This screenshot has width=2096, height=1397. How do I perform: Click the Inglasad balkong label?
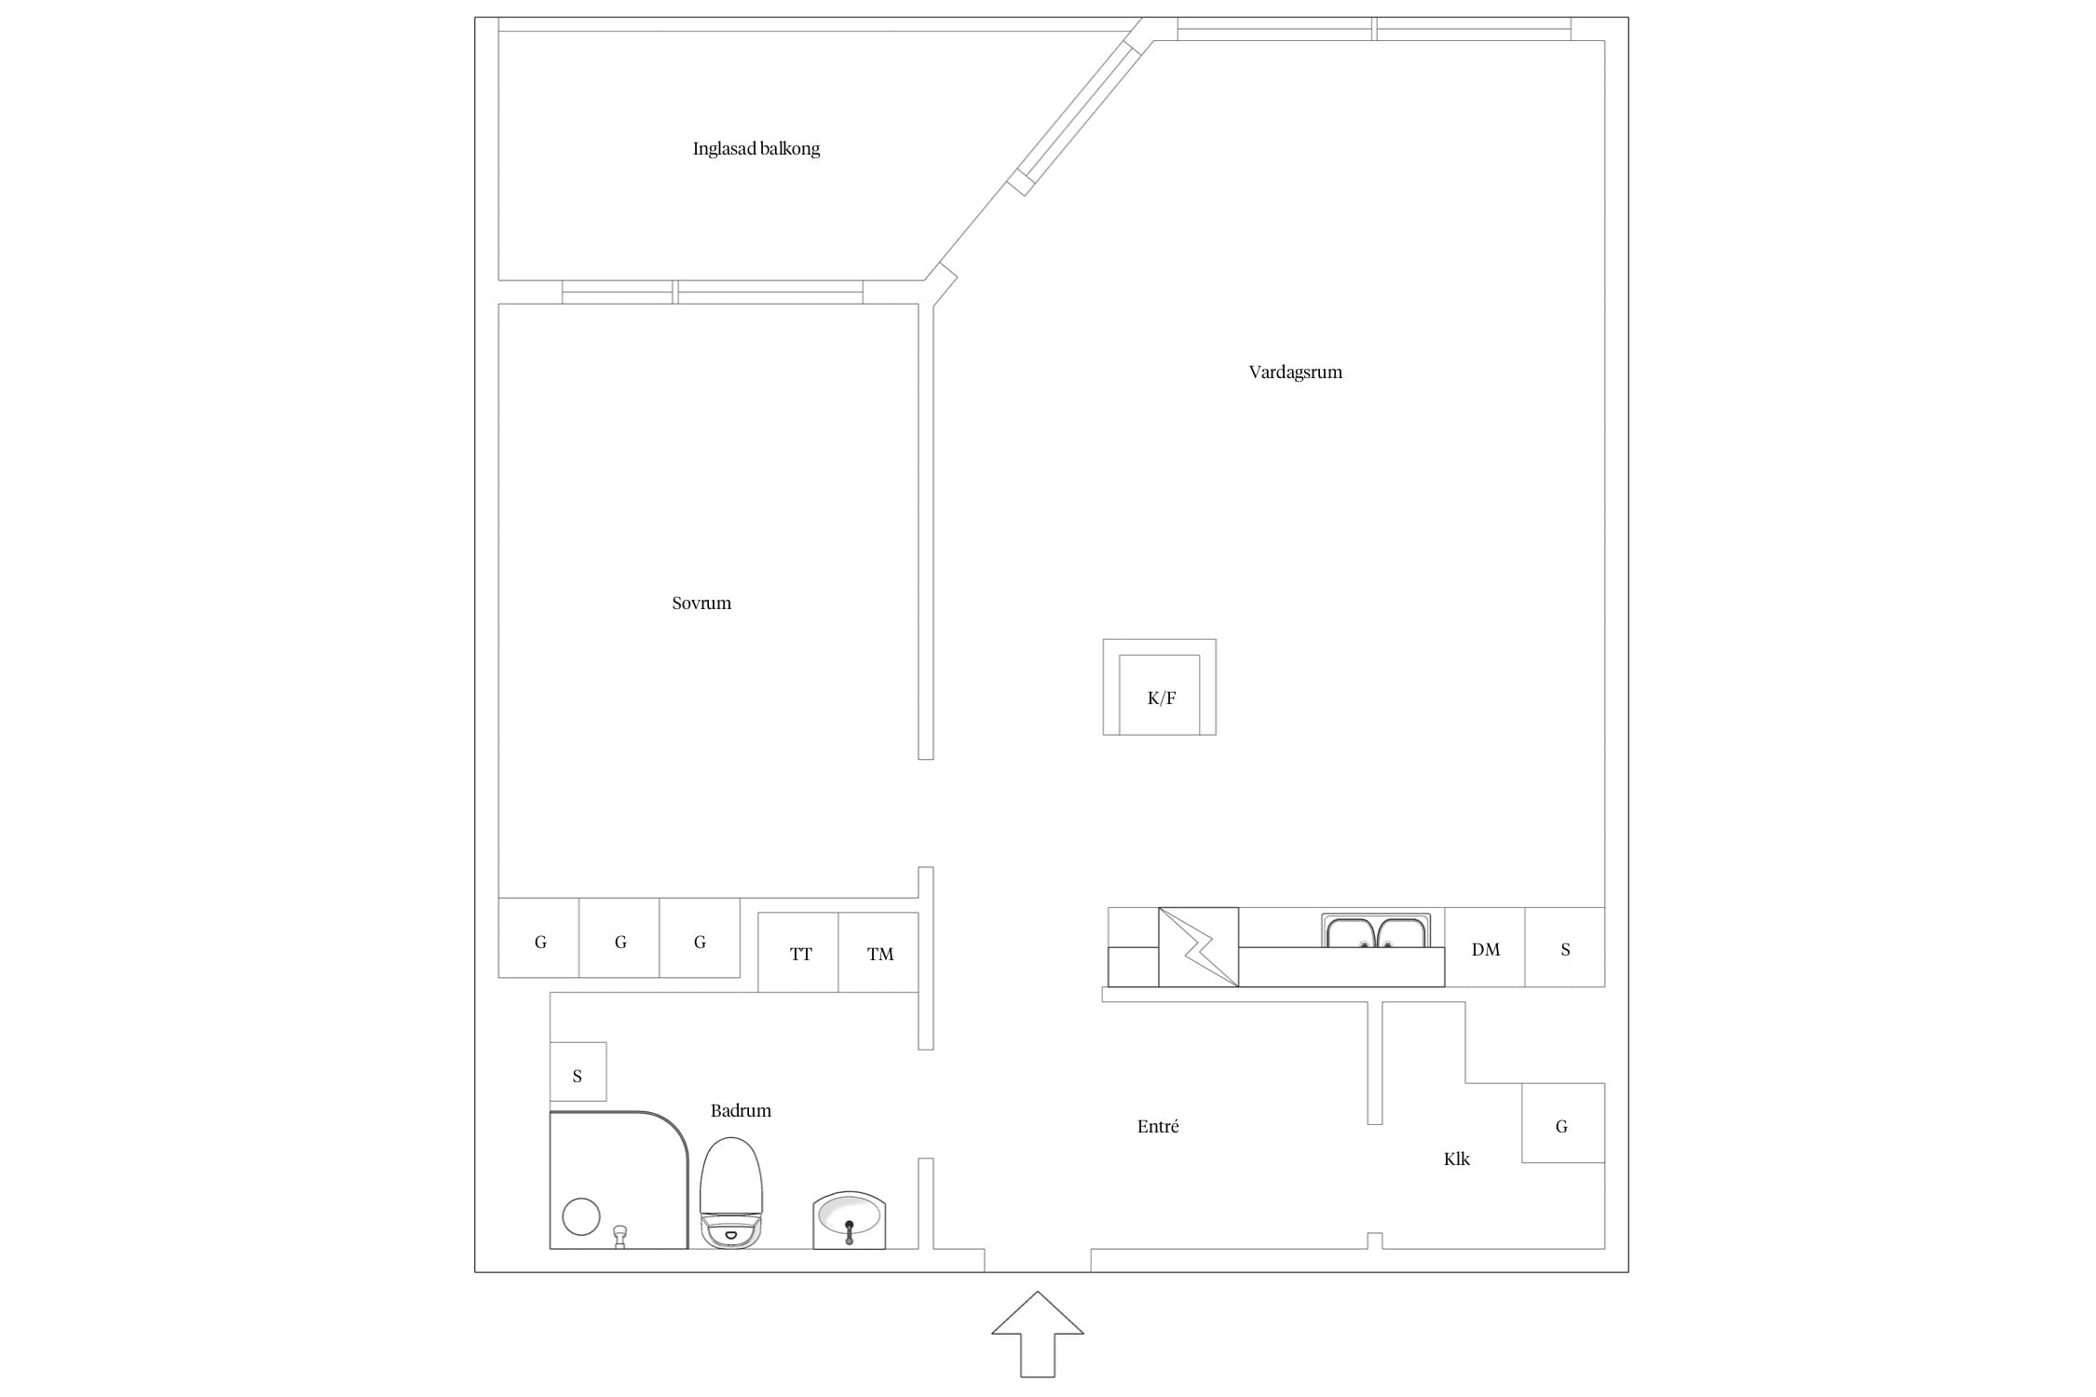(x=756, y=149)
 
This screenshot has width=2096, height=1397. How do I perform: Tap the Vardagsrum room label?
(x=1295, y=373)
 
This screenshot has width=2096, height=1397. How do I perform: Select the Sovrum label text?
(x=701, y=604)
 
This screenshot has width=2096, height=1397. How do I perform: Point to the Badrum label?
(x=741, y=1110)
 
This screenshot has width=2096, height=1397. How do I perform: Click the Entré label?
(x=1158, y=1126)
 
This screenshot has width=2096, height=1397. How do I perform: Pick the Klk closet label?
(x=1457, y=1159)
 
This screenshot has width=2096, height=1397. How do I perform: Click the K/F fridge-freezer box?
(x=1160, y=687)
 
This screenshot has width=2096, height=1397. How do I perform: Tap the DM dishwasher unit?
(x=1485, y=947)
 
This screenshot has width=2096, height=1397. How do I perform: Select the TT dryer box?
(x=798, y=952)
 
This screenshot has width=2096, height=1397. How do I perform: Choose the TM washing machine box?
(x=878, y=952)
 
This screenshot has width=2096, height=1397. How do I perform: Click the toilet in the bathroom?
(x=731, y=1192)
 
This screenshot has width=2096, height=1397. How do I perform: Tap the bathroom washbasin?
(x=849, y=1220)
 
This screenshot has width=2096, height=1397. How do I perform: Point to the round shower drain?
(x=581, y=1216)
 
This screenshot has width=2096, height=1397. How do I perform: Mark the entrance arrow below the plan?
(x=1038, y=1346)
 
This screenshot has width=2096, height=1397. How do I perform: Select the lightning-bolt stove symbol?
(x=1199, y=947)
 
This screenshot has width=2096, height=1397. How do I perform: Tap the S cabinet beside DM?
(x=1565, y=947)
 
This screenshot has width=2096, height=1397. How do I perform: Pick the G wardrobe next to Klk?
(x=1563, y=1122)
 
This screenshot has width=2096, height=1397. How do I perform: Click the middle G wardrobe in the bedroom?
(x=619, y=938)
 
